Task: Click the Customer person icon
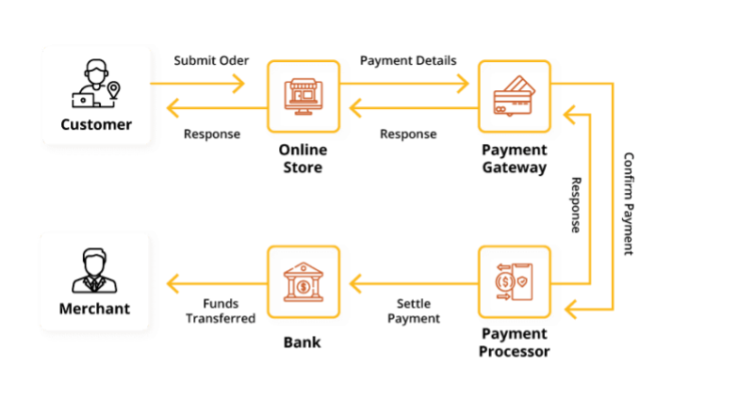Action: coord(96,84)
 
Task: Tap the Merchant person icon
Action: coord(94,271)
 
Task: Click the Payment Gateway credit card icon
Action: coord(514,96)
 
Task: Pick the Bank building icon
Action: coord(303,281)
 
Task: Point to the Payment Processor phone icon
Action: coord(514,281)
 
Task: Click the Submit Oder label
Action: coord(211,60)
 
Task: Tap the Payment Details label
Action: coord(408,60)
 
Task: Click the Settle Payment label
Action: coord(414,310)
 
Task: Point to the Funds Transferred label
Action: coord(220,310)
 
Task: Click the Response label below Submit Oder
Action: coord(212,134)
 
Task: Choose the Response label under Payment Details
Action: coord(408,134)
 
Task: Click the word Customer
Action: coord(96,124)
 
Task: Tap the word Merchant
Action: coord(94,309)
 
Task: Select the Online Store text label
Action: coord(303,158)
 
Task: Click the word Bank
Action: coord(303,342)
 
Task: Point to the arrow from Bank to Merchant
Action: coord(214,281)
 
